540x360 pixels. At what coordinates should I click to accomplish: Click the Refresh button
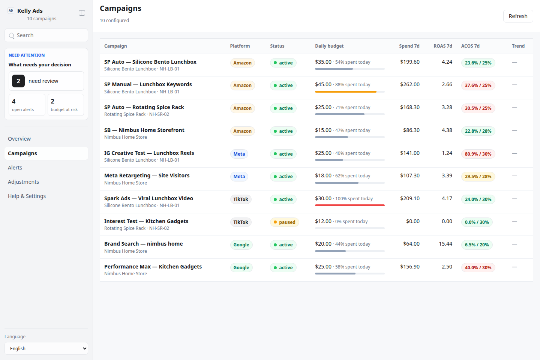point(518,16)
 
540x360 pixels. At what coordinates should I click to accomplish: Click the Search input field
point(46,35)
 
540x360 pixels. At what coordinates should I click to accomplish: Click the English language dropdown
point(46,348)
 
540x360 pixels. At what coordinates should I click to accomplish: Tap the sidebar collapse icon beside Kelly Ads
point(82,13)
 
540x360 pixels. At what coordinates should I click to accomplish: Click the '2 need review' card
point(46,81)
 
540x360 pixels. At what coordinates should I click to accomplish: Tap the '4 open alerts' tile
point(27,105)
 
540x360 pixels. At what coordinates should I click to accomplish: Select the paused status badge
point(285,222)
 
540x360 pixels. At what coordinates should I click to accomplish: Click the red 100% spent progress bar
point(349,205)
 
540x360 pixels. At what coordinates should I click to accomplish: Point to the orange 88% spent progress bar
point(345,91)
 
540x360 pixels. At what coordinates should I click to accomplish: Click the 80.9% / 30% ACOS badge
point(478,154)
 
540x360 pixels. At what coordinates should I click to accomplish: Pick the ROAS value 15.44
point(445,244)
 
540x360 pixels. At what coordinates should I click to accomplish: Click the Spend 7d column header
point(409,46)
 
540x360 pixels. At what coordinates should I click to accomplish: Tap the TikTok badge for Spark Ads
point(241,199)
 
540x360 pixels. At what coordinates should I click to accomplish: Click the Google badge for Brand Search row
point(241,245)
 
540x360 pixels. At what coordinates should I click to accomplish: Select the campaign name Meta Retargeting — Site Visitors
point(147,175)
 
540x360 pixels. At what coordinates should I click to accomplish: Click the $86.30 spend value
point(411,130)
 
